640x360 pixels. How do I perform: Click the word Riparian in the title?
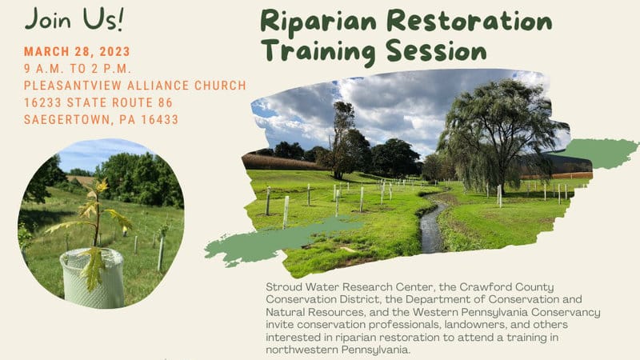318,22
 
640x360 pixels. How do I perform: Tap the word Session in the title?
436,51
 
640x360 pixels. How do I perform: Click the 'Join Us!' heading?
74,19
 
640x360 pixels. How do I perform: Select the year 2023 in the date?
114,51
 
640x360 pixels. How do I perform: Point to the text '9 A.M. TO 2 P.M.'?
78,69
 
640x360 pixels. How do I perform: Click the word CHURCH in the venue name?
221,86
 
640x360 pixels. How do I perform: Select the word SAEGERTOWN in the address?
69,119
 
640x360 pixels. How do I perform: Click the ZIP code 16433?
159,119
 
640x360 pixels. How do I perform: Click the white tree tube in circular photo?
92,278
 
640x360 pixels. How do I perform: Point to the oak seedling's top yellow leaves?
101,186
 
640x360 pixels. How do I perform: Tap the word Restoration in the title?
470,22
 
